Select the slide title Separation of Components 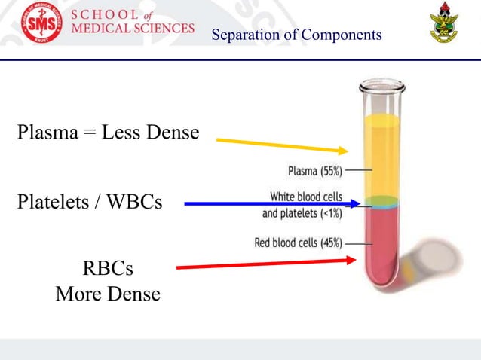[296, 35]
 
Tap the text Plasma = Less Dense [108, 133]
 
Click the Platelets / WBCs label [89, 202]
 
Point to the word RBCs [107, 269]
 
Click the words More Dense [108, 294]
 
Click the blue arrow [264, 203]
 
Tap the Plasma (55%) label [315, 171]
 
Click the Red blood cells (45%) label [299, 243]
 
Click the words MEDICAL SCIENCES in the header [133, 29]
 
